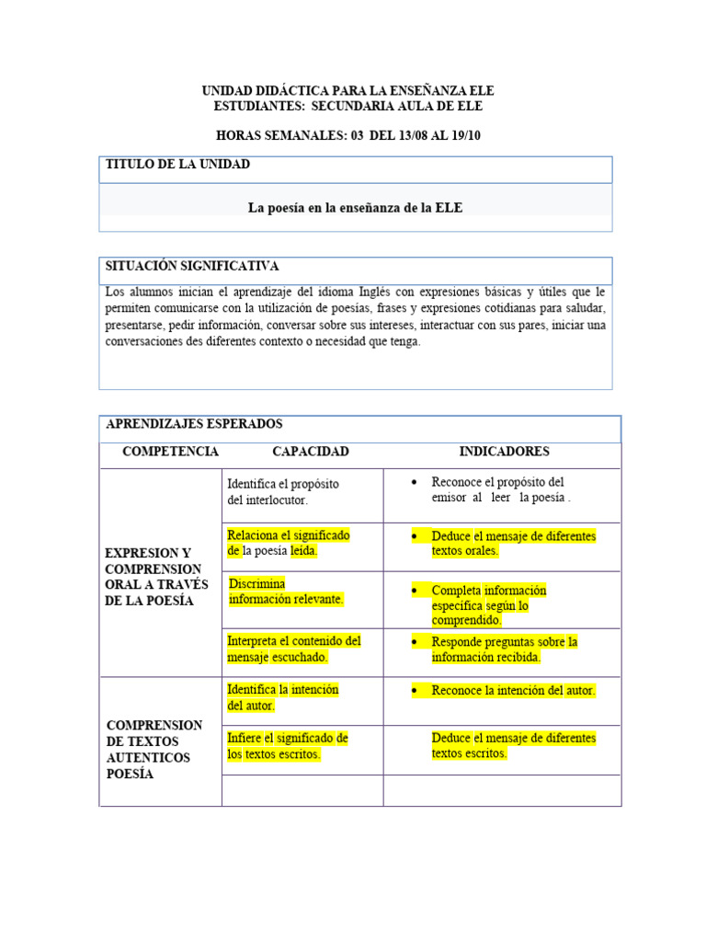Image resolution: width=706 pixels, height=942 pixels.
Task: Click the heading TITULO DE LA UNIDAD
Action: click(177, 165)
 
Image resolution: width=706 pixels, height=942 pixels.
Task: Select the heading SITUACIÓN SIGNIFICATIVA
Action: click(192, 267)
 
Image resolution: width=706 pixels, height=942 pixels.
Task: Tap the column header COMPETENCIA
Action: click(170, 452)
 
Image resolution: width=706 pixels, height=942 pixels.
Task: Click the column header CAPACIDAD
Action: click(310, 452)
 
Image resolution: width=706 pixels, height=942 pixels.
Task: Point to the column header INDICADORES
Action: click(504, 452)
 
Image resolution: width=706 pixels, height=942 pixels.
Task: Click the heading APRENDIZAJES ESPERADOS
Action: click(194, 424)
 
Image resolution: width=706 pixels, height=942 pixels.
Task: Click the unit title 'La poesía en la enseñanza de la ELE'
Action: click(355, 208)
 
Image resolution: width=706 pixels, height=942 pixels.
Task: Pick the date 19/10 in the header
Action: click(464, 135)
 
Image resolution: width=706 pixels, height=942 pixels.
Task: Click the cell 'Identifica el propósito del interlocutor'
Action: click(283, 492)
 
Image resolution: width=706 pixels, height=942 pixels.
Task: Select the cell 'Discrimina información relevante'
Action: click(286, 592)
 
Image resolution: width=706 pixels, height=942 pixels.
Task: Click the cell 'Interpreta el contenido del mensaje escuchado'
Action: click(293, 649)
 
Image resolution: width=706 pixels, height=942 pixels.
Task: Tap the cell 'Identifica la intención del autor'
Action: click(282, 697)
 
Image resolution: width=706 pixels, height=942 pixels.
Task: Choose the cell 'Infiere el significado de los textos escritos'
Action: click(287, 746)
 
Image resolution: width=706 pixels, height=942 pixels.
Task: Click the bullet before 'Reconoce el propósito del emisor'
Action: click(416, 482)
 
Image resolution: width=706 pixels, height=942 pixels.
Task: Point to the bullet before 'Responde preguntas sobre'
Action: click(416, 642)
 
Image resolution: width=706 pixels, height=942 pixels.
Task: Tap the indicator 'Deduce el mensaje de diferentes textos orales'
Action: click(513, 543)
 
